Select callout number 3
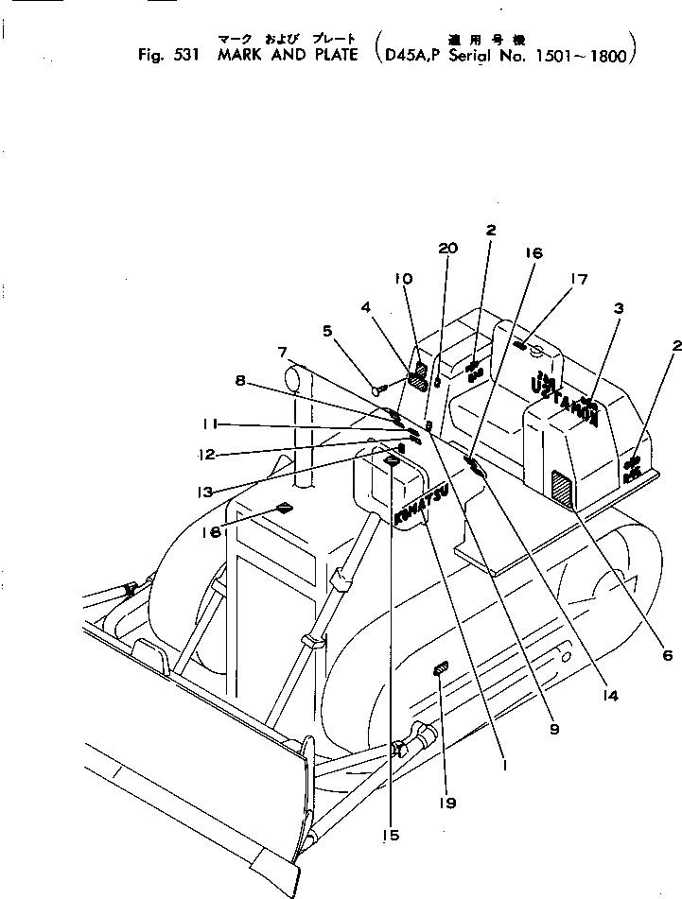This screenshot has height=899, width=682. [617, 307]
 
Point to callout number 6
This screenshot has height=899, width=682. [668, 654]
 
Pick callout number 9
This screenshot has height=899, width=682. [553, 729]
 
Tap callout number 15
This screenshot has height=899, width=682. [392, 835]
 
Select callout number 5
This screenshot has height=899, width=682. [327, 331]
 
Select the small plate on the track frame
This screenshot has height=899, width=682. [440, 669]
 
